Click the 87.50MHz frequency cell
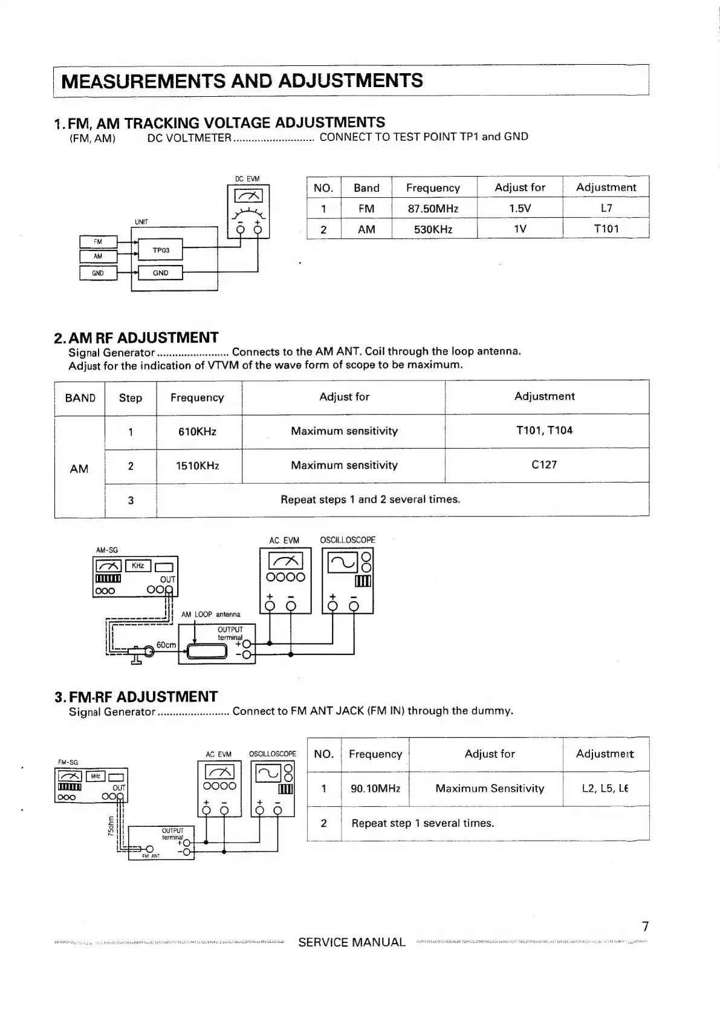(433, 209)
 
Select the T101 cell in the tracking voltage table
(606, 229)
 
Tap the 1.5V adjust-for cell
(519, 209)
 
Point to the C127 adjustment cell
(544, 465)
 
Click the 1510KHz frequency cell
(197, 466)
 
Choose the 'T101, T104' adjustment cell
(544, 430)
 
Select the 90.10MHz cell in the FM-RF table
(375, 789)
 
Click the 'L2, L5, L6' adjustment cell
(605, 789)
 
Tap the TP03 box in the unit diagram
(161, 250)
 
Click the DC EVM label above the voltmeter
(247, 179)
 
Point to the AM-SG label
(107, 550)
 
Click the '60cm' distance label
(166, 645)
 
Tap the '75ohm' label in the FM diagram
(111, 826)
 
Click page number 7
(645, 926)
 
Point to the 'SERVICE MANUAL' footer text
(352, 942)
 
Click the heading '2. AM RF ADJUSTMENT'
(136, 337)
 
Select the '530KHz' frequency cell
(433, 229)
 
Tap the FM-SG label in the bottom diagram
(68, 762)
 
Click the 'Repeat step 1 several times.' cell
(423, 823)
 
